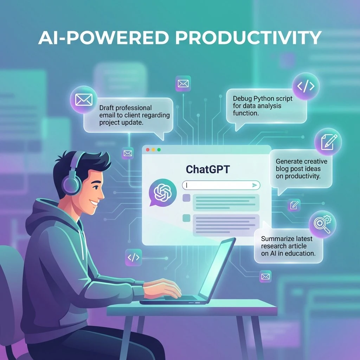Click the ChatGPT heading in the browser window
207,169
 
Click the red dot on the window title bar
148,150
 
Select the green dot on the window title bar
159,150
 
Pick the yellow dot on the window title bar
153,150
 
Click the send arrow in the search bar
255,185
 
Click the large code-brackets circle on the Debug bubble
306,86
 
